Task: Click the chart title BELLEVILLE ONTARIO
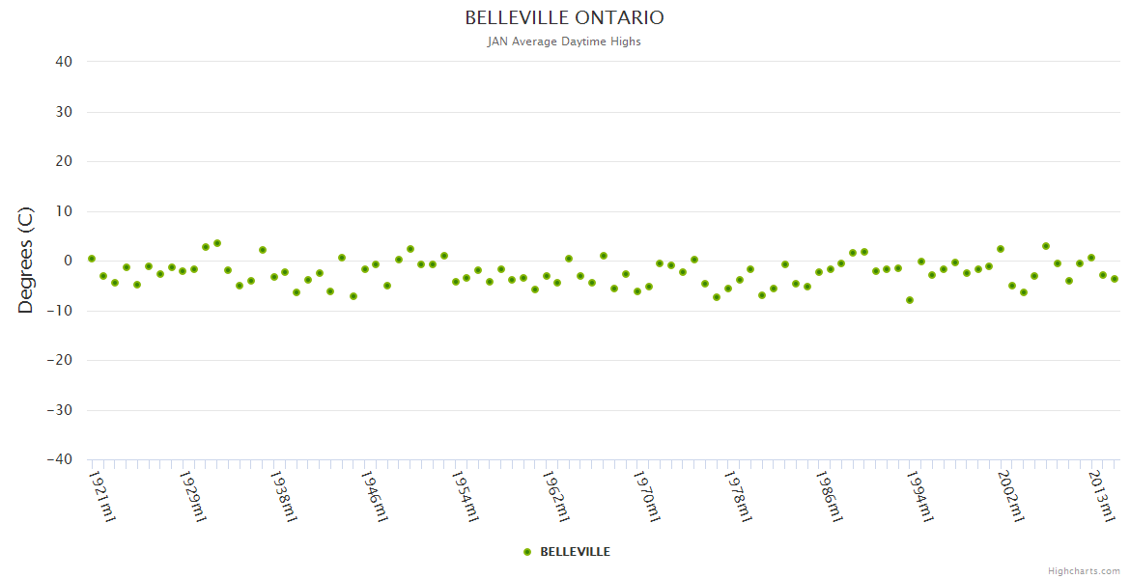(564, 18)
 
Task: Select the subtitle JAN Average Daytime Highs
(564, 41)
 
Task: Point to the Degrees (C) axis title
(26, 261)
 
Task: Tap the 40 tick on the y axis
(64, 62)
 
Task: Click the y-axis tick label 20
(64, 161)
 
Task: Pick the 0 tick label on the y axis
(68, 261)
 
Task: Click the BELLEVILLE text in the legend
(575, 552)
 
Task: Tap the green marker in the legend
(527, 552)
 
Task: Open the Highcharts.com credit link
(1084, 571)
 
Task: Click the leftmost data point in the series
(92, 259)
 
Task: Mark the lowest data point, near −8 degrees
(910, 300)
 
